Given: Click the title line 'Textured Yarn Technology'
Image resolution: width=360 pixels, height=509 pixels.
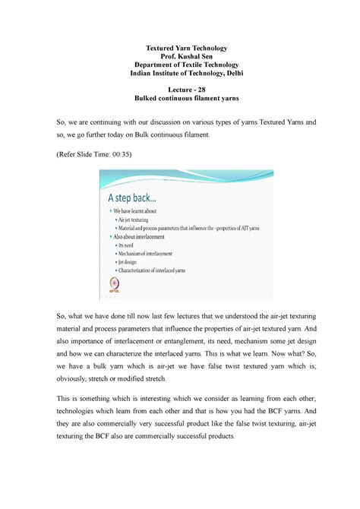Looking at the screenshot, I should click(x=179, y=48).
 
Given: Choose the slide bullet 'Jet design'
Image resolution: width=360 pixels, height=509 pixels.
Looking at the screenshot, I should click(x=134, y=268).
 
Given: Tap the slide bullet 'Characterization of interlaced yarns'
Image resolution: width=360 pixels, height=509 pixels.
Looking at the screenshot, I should click(x=163, y=278).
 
